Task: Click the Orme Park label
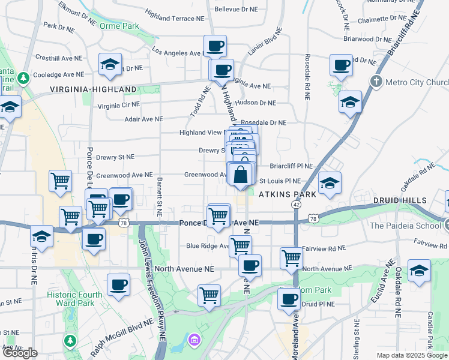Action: click(120, 26)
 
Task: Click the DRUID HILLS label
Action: click(399, 200)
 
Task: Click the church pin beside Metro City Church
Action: click(376, 81)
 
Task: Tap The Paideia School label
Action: click(406, 226)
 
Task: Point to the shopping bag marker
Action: click(240, 175)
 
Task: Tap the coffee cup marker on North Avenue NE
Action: click(249, 265)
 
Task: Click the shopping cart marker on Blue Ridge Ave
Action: click(240, 245)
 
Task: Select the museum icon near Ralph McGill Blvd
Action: click(194, 341)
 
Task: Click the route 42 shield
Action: click(296, 205)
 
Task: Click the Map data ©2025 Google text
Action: click(412, 355)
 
